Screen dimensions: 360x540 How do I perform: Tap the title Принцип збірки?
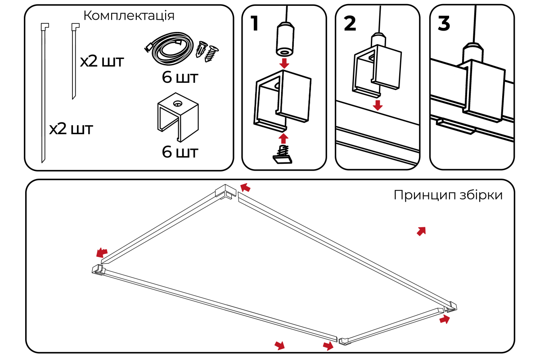[448, 195]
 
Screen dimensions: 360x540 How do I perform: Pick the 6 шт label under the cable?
[180, 77]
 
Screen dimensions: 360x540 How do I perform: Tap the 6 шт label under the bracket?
[180, 152]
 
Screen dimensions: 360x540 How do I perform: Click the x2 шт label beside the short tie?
[102, 62]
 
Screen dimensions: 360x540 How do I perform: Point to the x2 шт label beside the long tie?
[71, 130]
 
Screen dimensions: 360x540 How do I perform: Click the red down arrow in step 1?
[284, 62]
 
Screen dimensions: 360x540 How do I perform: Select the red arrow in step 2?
[378, 105]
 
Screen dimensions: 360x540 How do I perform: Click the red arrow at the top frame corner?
[245, 187]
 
